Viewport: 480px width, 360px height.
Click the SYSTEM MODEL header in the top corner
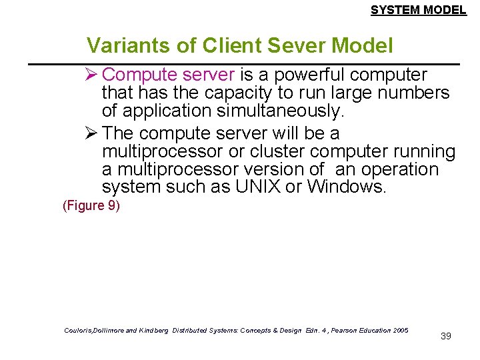coord(418,10)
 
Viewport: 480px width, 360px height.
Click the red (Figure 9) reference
coord(91,205)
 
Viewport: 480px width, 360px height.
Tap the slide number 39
coord(446,336)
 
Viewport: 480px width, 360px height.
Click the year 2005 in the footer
coord(401,331)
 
